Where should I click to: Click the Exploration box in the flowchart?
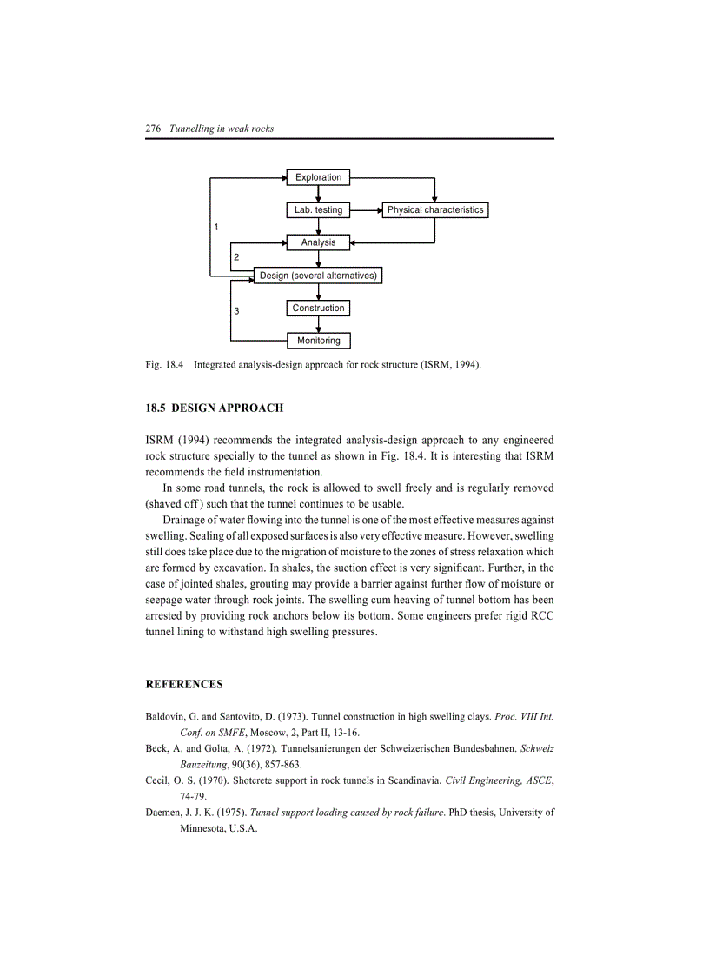click(318, 177)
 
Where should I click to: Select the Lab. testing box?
click(318, 210)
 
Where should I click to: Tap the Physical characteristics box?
click(435, 210)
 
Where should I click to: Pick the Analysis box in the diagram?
click(318, 242)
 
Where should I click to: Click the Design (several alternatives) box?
click(318, 276)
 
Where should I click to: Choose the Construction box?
click(318, 309)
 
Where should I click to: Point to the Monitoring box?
click(318, 341)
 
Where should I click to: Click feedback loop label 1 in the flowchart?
click(216, 227)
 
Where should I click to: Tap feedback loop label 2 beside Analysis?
click(236, 258)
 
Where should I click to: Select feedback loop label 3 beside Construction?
click(236, 310)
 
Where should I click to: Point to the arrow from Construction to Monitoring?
click(319, 325)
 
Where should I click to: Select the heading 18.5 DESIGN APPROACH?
click(215, 408)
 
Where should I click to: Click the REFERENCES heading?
click(184, 684)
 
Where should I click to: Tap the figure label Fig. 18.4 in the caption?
click(164, 365)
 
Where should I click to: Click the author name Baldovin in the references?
click(165, 717)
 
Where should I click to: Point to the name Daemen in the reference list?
click(164, 813)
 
